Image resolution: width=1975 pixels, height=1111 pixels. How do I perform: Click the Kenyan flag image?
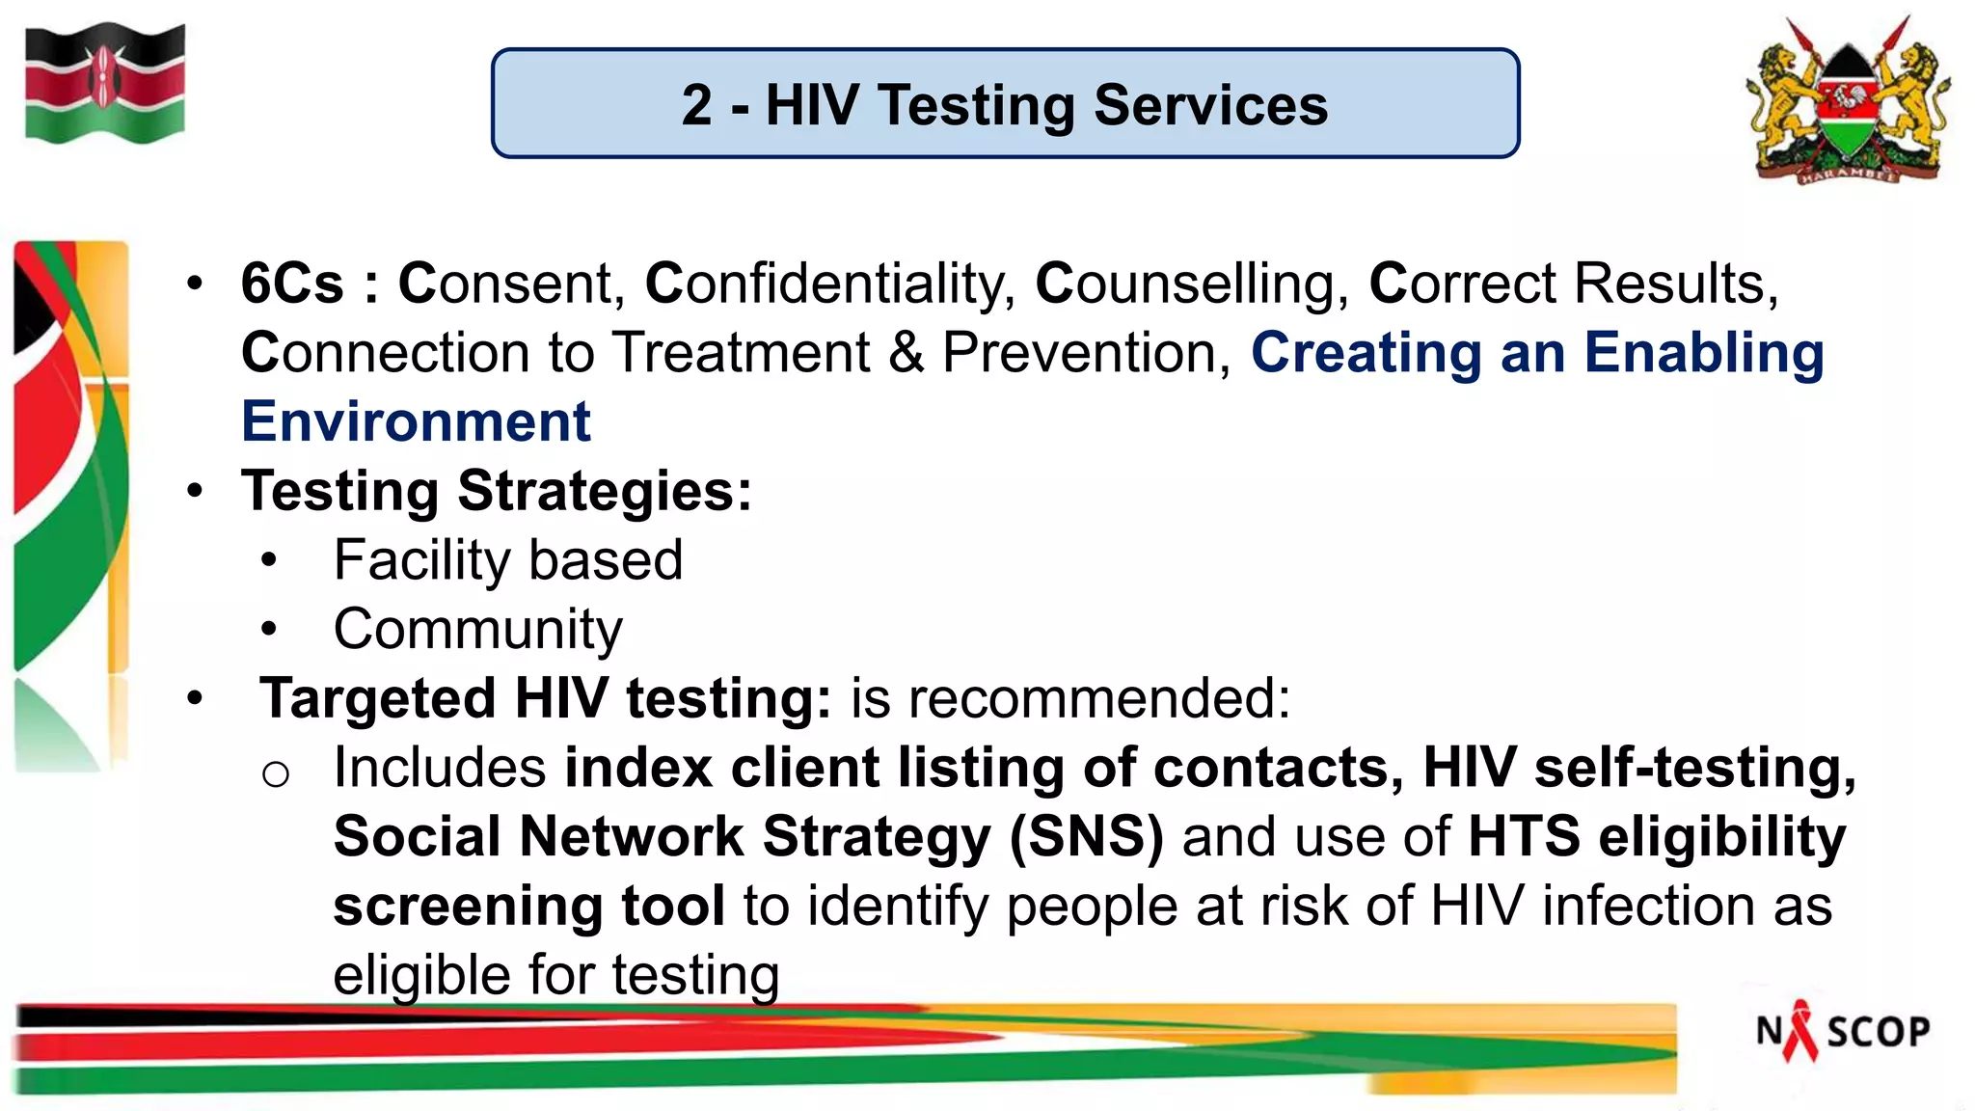point(104,85)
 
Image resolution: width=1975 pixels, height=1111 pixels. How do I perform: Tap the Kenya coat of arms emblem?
point(1849,101)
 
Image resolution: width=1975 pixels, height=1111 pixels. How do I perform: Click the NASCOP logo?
point(1842,1031)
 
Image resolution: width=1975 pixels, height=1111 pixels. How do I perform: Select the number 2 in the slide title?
point(696,105)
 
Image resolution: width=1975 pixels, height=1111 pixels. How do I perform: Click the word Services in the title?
point(1210,105)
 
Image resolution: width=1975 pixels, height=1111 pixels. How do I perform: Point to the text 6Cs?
point(292,284)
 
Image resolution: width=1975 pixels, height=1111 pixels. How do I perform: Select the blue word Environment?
point(416,421)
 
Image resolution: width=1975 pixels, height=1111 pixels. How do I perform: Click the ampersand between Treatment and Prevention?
point(906,352)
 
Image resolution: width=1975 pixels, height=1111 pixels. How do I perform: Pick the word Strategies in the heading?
point(604,491)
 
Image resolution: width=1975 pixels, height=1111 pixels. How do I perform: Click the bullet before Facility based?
point(269,560)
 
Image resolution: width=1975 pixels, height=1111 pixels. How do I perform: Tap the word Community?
point(477,630)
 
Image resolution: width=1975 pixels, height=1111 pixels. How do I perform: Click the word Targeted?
point(377,698)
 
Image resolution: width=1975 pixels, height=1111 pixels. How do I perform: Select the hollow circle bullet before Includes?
point(275,773)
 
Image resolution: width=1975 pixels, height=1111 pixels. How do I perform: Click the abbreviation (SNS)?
point(1087,836)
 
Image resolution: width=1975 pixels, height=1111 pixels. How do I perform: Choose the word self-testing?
point(1694,768)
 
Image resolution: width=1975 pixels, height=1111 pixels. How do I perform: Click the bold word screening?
point(468,906)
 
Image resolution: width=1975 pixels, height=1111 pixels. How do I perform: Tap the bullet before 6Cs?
point(196,284)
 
